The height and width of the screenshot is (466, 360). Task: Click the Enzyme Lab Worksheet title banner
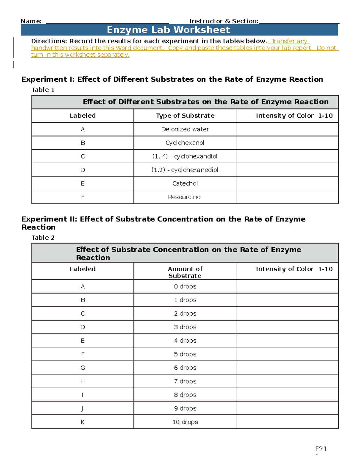point(179,30)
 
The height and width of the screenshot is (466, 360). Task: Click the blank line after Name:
point(107,21)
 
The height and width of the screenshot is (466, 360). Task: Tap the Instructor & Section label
point(224,21)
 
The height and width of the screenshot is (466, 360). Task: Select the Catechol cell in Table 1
point(185,183)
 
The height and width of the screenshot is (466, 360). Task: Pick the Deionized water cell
point(185,129)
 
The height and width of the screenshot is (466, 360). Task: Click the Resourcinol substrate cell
point(185,197)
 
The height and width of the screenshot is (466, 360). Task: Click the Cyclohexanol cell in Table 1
point(185,143)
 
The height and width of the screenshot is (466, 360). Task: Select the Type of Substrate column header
point(185,116)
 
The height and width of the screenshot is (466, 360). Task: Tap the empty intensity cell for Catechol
point(287,183)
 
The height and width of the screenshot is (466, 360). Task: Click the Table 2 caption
point(43,238)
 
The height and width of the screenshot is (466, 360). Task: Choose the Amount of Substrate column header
point(185,272)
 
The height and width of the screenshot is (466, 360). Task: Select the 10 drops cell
point(185,422)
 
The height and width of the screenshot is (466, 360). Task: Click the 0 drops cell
point(185,287)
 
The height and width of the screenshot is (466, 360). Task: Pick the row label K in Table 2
point(82,422)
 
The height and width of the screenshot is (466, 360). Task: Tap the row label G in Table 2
point(82,368)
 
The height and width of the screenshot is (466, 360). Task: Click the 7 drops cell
point(185,381)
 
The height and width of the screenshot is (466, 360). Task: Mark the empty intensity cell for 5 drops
point(287,354)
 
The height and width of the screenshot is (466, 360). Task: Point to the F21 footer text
point(321,449)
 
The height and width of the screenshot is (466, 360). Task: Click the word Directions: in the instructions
point(49,41)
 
